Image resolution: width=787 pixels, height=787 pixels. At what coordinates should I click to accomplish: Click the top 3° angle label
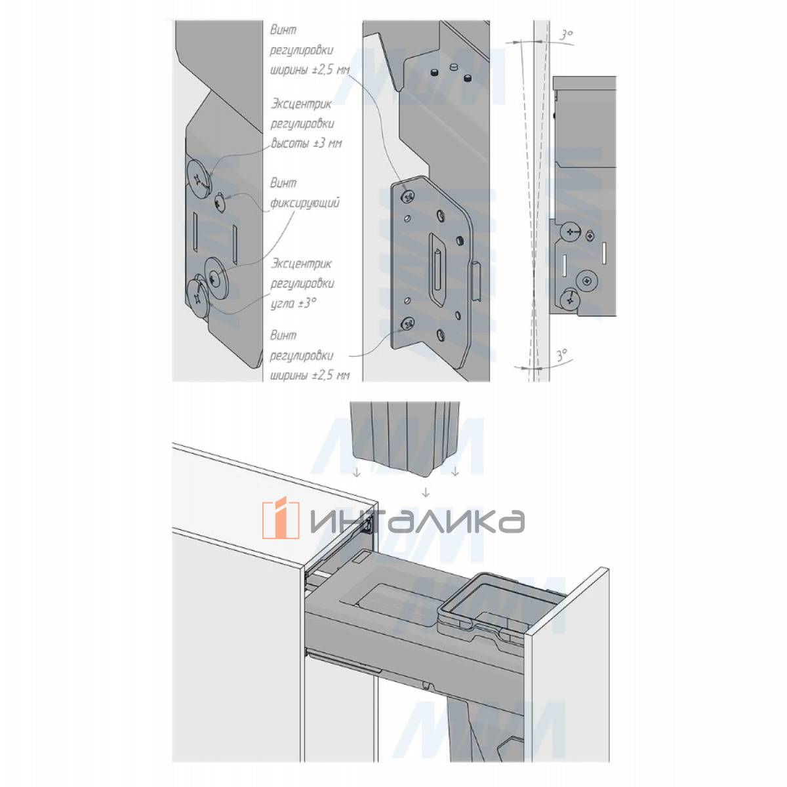click(565, 35)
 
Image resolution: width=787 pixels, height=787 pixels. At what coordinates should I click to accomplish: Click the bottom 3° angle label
click(562, 354)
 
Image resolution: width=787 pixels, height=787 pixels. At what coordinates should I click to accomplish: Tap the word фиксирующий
click(305, 203)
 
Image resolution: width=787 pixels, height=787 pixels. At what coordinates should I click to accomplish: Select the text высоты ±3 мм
click(307, 144)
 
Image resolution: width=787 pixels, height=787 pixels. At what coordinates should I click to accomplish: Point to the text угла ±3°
click(293, 303)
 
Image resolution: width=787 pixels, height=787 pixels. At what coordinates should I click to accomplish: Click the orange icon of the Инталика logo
click(281, 519)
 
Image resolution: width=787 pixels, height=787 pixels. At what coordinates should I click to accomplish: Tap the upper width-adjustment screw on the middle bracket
click(407, 197)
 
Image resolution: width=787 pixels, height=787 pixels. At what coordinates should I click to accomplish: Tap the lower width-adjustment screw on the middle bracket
click(407, 325)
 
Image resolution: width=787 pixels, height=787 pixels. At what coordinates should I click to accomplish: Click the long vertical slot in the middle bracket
click(437, 270)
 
